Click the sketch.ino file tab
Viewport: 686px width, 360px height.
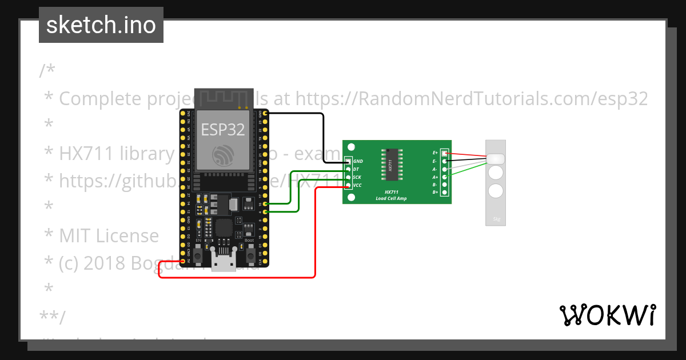[x=101, y=25]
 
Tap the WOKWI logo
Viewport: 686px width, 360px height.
[x=608, y=315]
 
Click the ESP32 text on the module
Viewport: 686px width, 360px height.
[x=222, y=130]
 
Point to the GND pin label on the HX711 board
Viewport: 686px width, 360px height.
[x=358, y=162]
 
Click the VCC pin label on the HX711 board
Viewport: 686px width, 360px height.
[x=357, y=185]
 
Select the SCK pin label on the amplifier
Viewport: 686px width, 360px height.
[x=357, y=177]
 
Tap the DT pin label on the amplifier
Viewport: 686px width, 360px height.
[x=356, y=169]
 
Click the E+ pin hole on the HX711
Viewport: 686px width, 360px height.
[x=444, y=153]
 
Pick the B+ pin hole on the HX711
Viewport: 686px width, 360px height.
[x=444, y=193]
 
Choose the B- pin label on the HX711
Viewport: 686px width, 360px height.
[x=435, y=185]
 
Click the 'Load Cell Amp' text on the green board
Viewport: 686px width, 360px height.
[x=391, y=198]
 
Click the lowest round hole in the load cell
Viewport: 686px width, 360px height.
[x=496, y=191]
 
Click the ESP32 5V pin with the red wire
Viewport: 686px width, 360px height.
[x=183, y=261]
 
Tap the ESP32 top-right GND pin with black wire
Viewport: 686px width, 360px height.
[x=265, y=114]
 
